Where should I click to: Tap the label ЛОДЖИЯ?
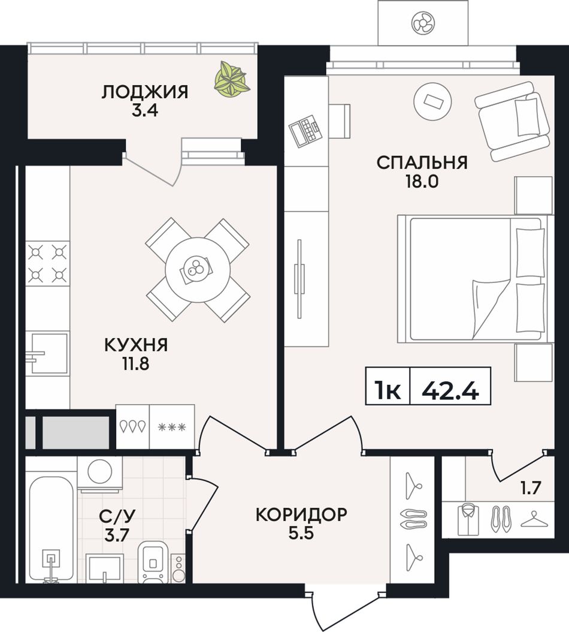point(144,92)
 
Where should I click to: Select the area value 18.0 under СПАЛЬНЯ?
point(422,182)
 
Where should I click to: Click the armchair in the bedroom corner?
point(512,121)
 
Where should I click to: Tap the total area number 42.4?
point(450,390)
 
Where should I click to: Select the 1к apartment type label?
point(388,390)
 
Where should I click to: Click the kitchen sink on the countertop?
point(47,353)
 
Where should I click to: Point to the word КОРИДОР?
point(302,514)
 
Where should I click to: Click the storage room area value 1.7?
point(530,488)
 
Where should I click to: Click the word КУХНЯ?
point(136,345)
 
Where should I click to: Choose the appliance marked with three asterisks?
point(172,426)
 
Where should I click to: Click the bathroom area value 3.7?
point(116,535)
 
